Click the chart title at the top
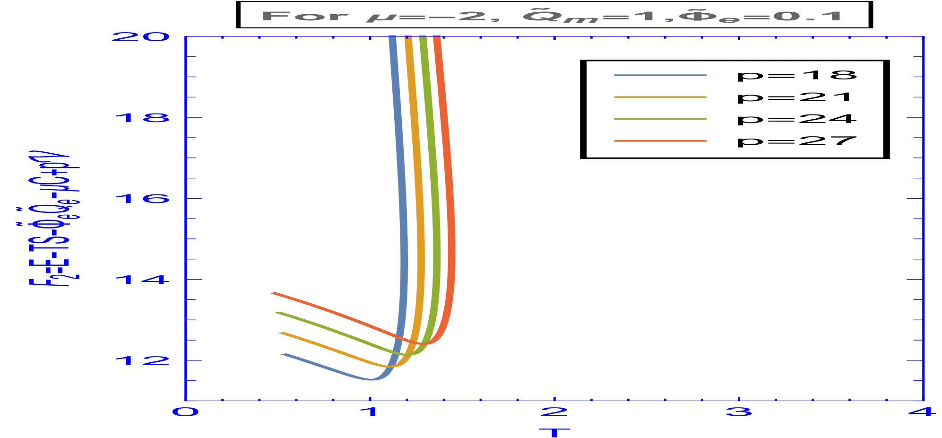click(x=552, y=16)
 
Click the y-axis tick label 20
click(x=140, y=37)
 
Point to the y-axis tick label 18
click(x=142, y=117)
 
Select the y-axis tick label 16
click(x=142, y=199)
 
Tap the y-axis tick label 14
click(x=142, y=280)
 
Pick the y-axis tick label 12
click(x=142, y=361)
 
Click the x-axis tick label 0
click(x=185, y=412)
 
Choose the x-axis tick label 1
click(x=370, y=412)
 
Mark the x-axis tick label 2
click(x=554, y=412)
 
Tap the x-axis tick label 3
click(x=739, y=412)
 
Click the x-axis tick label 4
click(x=923, y=412)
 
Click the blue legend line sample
click(x=660, y=75)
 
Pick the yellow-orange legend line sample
click(x=660, y=97)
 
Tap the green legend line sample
click(x=660, y=119)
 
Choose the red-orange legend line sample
click(x=660, y=141)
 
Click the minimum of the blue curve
click(x=372, y=379)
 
